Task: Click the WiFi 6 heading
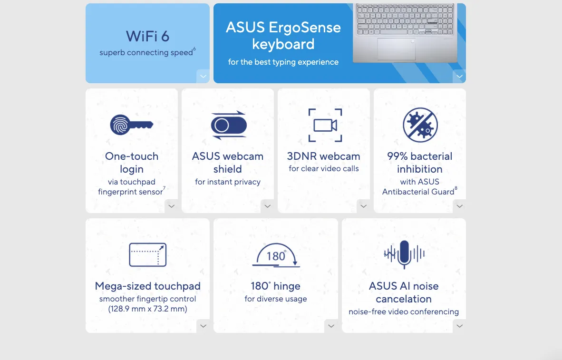click(x=147, y=36)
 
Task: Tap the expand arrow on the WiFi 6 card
click(x=203, y=77)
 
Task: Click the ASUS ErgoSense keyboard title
click(x=283, y=36)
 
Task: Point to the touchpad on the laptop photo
click(x=397, y=49)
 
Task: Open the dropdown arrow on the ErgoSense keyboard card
click(x=459, y=77)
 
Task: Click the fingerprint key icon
click(x=132, y=125)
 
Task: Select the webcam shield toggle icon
click(x=229, y=125)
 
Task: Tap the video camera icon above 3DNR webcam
click(x=325, y=125)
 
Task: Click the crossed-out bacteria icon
click(x=420, y=125)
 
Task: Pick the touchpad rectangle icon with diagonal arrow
click(x=148, y=254)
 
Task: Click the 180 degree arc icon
click(x=276, y=255)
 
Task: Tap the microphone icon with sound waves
click(x=404, y=254)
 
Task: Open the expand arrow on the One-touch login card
click(x=171, y=206)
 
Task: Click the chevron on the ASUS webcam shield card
click(x=267, y=206)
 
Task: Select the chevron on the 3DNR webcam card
click(x=363, y=206)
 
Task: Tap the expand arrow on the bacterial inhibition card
click(x=459, y=206)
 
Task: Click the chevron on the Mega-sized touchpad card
click(x=203, y=326)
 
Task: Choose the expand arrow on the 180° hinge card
click(x=331, y=326)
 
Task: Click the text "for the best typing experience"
click(x=283, y=62)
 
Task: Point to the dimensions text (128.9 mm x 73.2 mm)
click(x=148, y=309)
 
